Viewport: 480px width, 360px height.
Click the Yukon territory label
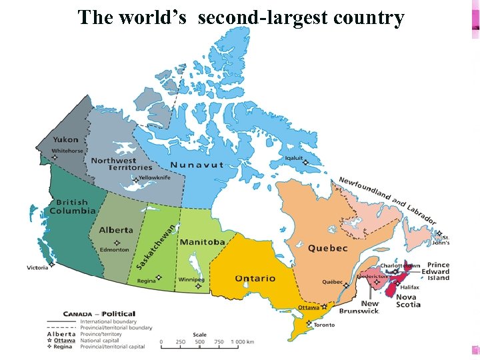65,140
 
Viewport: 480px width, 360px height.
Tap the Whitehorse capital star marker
55,158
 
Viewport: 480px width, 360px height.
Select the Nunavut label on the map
197,165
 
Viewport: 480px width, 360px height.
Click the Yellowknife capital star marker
135,180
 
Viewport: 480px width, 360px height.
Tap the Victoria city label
37,267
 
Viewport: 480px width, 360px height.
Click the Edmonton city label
114,250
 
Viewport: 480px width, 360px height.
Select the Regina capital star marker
158,277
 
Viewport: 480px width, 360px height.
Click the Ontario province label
255,278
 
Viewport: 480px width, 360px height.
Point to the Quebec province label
327,248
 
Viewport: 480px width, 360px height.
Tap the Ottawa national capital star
324,307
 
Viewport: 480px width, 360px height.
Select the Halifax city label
410,287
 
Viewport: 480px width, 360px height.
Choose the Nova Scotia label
408,301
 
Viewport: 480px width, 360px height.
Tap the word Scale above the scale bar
199,335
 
